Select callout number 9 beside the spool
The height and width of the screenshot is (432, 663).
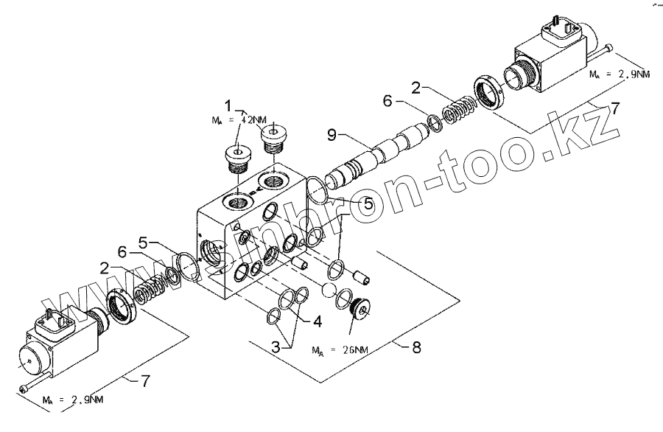pyautogui.click(x=331, y=136)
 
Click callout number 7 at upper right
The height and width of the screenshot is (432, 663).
pyautogui.click(x=614, y=108)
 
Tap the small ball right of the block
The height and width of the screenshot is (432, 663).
pyautogui.click(x=329, y=290)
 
